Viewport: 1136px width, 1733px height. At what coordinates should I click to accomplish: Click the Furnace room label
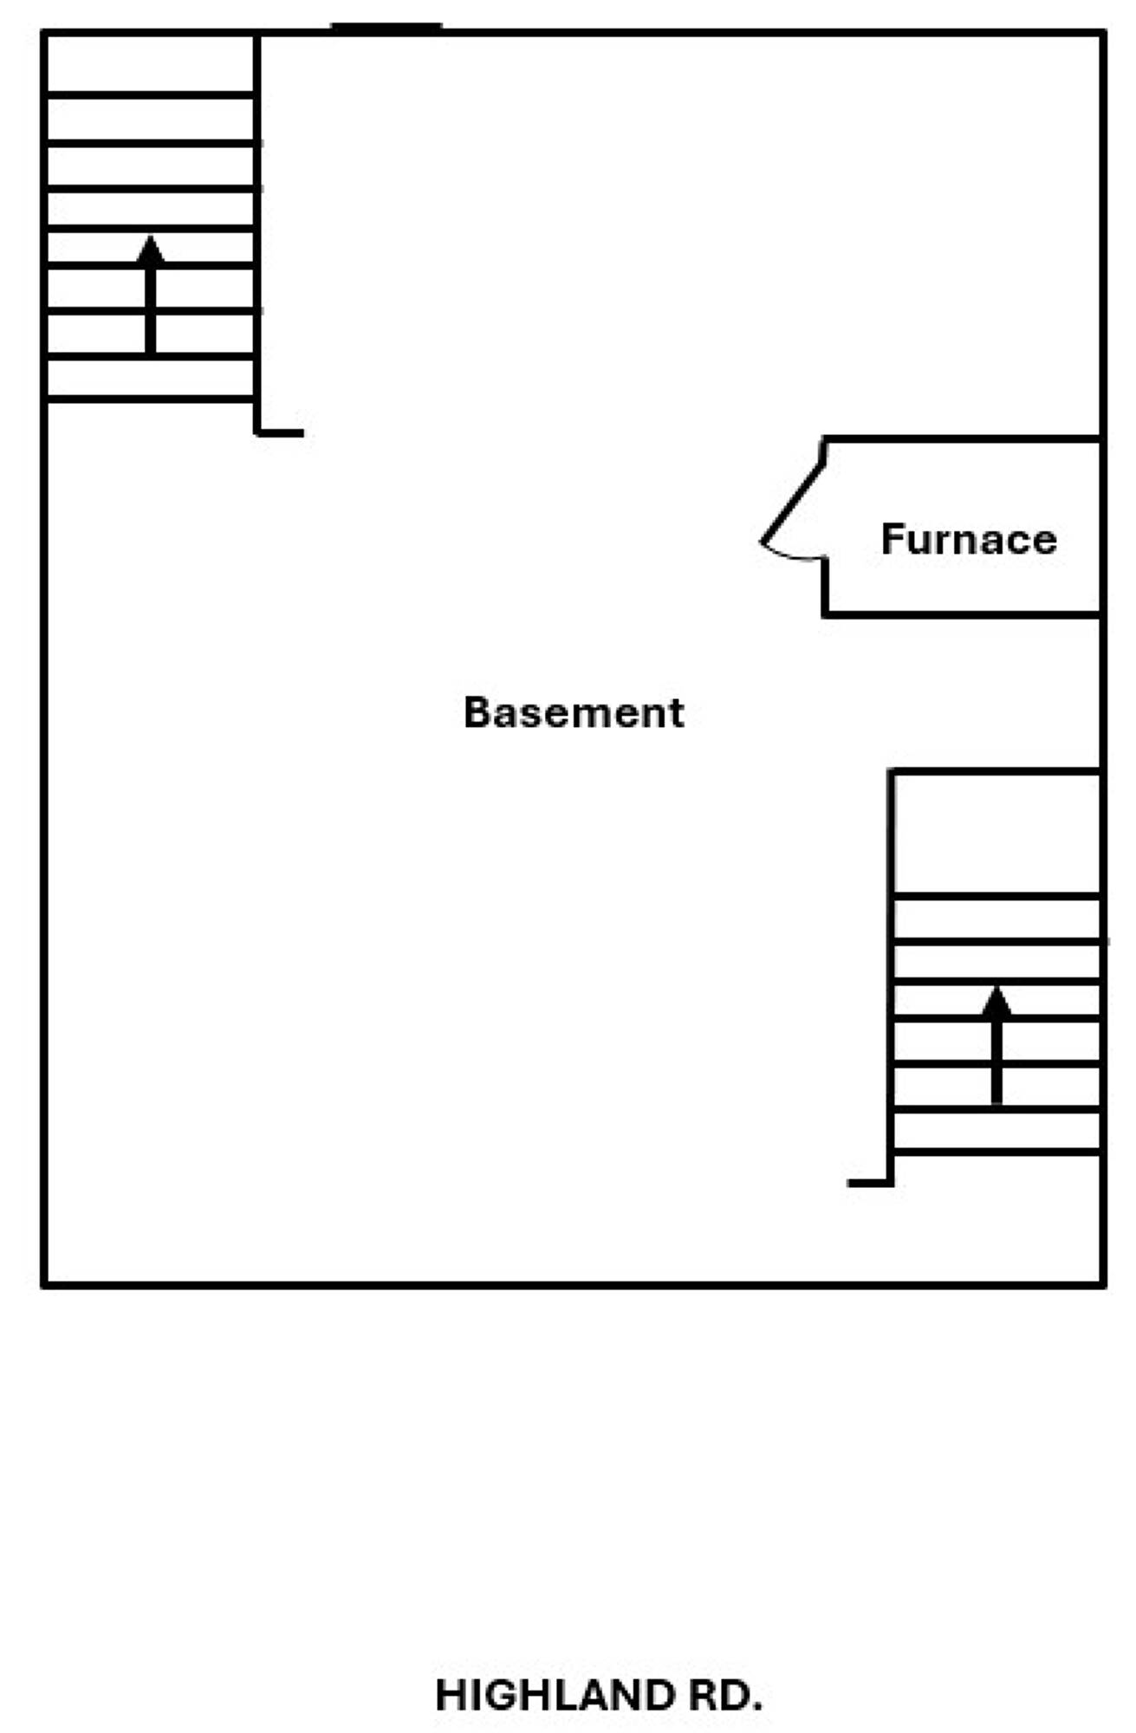click(969, 539)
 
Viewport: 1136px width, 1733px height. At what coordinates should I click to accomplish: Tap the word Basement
click(574, 712)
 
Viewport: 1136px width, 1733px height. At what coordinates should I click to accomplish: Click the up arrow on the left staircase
click(151, 295)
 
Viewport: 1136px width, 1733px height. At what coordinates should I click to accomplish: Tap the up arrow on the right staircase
click(996, 1045)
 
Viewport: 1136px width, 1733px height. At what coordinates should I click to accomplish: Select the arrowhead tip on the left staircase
click(151, 236)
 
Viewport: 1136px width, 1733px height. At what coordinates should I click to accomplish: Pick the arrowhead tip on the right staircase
click(996, 987)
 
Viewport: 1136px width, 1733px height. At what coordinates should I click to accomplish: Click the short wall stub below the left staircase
click(280, 432)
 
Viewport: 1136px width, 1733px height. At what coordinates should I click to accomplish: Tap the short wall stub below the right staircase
click(870, 1182)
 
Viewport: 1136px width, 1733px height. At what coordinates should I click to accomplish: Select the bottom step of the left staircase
click(151, 378)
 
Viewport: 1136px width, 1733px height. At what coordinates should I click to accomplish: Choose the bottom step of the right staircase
click(996, 1131)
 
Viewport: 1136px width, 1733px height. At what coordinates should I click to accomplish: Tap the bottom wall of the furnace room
click(962, 614)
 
